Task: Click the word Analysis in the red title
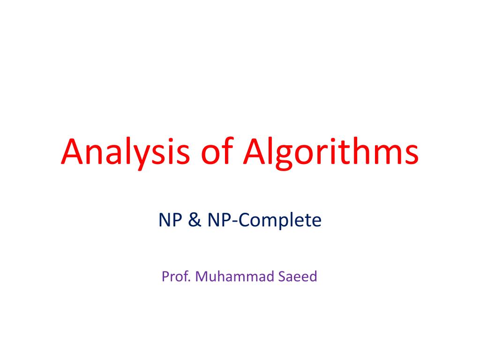[122, 152]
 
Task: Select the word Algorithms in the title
[330, 152]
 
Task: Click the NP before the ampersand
[170, 220]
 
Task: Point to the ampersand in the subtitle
[194, 220]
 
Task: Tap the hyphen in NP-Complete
[235, 222]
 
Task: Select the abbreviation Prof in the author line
[175, 277]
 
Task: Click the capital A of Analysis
[72, 152]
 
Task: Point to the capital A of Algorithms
[256, 152]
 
